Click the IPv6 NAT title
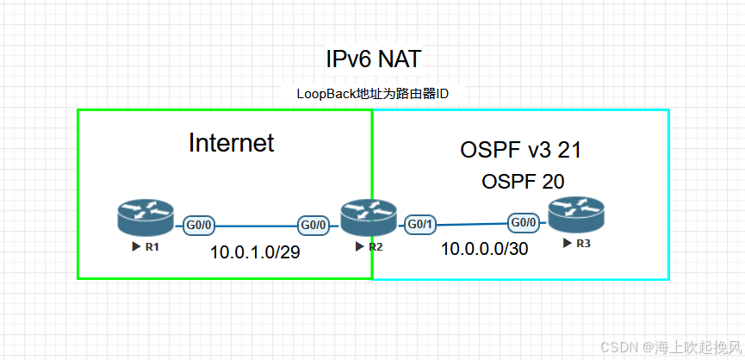coord(373,59)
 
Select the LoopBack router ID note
coord(373,94)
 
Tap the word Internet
coord(231,143)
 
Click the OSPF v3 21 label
coord(521,150)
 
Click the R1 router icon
coord(146,218)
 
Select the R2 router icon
coord(369,218)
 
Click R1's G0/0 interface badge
coord(199,227)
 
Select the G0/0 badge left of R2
coord(313,226)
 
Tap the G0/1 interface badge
coord(419,225)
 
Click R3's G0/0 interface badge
coord(524,221)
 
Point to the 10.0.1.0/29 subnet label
coord(255,253)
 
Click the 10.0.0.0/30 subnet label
coord(484,250)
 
